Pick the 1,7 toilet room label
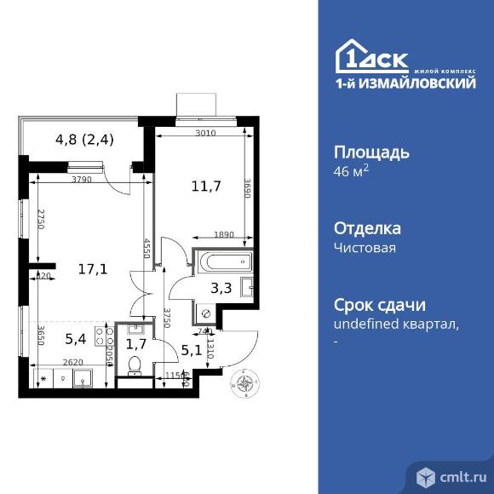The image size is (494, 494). [x=135, y=344]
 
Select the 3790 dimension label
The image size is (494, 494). [x=81, y=180]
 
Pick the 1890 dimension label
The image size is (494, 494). [x=201, y=234]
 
